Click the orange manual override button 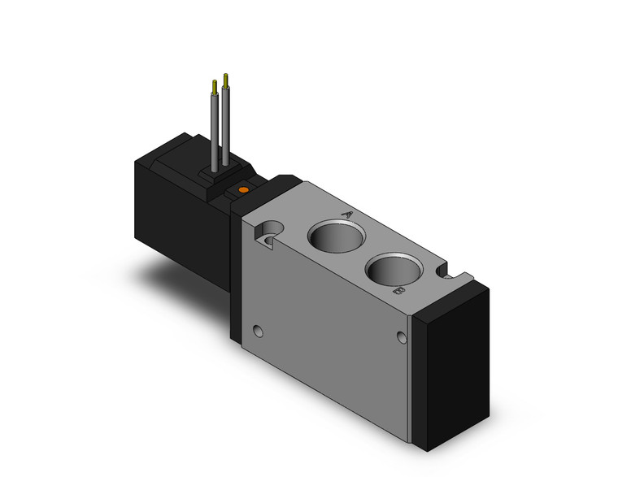pos(242,190)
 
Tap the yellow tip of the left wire pos(214,85)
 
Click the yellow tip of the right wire pos(225,79)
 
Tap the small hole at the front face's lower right pos(400,337)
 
